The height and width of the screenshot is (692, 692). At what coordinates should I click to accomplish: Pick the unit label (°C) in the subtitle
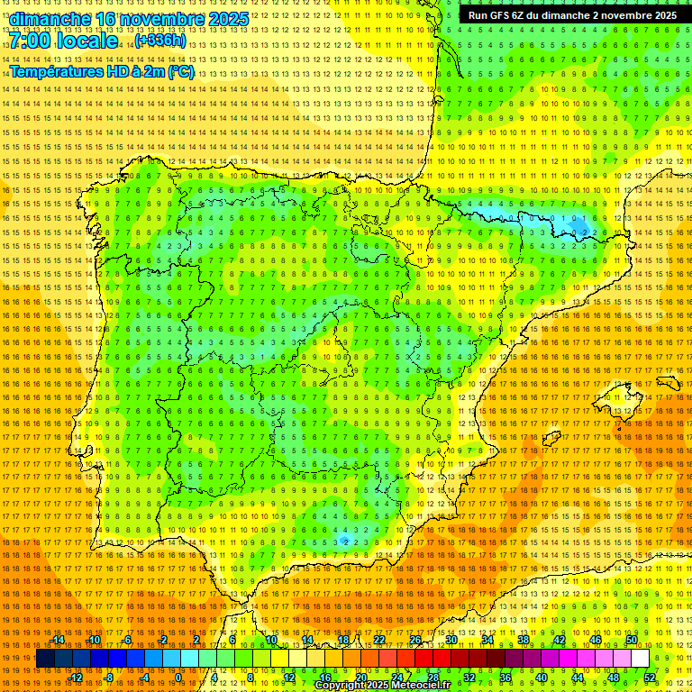(180, 71)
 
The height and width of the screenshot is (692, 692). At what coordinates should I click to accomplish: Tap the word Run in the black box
(478, 15)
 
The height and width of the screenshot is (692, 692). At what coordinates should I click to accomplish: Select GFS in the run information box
(502, 15)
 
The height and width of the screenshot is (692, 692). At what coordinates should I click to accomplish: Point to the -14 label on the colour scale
(59, 640)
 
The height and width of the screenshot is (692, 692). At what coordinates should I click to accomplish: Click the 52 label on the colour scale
(650, 677)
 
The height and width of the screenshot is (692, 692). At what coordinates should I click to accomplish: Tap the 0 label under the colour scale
(178, 677)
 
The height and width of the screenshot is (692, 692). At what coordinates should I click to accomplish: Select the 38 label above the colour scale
(524, 640)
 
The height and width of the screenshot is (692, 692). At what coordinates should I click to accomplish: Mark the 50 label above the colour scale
(632, 640)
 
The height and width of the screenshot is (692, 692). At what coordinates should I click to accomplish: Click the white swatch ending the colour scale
(641, 659)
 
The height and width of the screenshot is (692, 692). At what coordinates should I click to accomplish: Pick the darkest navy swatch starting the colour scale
(45, 659)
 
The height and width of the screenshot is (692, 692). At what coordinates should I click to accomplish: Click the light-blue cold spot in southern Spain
(344, 541)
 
